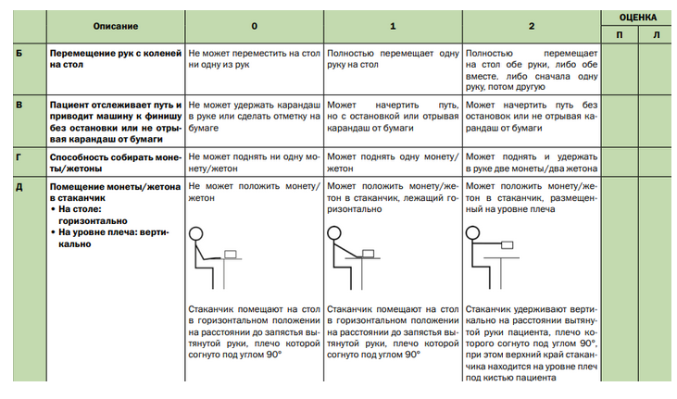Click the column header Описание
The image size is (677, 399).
tap(116, 26)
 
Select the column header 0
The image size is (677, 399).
tap(255, 26)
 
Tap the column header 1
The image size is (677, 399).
tap(392, 26)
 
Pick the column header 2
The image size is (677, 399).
tap(531, 26)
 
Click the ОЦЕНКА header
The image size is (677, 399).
tap(639, 17)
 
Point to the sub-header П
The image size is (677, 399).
tap(620, 35)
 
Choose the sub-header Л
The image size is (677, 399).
tap(657, 35)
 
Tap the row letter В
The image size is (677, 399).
tap(19, 106)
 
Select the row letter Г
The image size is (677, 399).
tap(19, 157)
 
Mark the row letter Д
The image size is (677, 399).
tap(19, 187)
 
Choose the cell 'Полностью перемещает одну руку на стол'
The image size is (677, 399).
tap(392, 60)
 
